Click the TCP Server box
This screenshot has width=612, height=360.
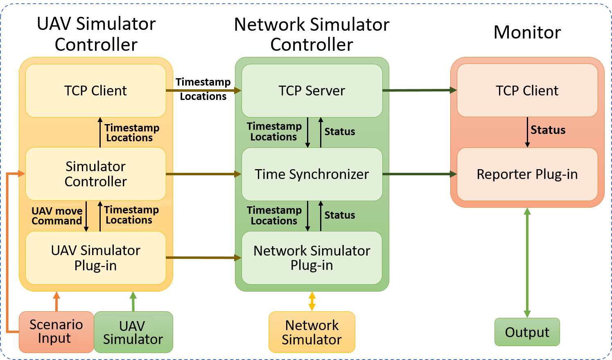(x=312, y=91)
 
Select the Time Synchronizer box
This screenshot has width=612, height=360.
(x=312, y=174)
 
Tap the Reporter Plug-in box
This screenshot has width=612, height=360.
(x=527, y=174)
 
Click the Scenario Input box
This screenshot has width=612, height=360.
(x=56, y=332)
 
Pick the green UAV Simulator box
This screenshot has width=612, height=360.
(x=133, y=332)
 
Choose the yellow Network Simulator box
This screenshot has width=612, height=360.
(x=312, y=332)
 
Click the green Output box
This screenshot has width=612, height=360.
(x=527, y=332)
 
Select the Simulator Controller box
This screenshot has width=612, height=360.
(x=96, y=174)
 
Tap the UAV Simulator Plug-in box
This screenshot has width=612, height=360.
(x=96, y=258)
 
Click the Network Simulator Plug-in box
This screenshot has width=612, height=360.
(x=312, y=258)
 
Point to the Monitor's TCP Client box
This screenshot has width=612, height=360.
(x=527, y=91)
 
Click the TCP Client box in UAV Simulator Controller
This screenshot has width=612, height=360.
(x=96, y=91)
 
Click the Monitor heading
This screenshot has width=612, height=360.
(x=527, y=32)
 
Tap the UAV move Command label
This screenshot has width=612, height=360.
(x=57, y=216)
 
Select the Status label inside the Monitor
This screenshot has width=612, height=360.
(x=548, y=130)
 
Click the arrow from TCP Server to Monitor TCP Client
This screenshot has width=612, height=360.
(x=420, y=90)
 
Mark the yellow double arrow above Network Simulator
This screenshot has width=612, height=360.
(x=312, y=301)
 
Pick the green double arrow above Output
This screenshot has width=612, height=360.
(x=527, y=263)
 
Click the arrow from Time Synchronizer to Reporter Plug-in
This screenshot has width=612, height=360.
(x=420, y=174)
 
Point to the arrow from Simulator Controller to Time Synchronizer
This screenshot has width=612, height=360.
(x=203, y=174)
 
